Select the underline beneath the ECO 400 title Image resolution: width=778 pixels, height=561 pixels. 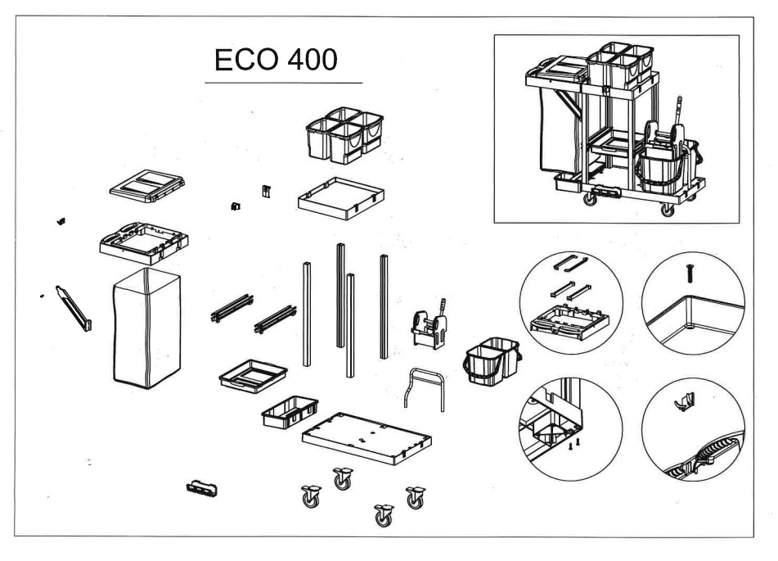tap(283, 83)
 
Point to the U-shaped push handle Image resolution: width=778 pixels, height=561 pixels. tap(423, 389)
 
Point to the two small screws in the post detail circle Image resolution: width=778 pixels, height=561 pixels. tap(574, 442)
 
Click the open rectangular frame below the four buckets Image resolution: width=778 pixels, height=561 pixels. tap(341, 197)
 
